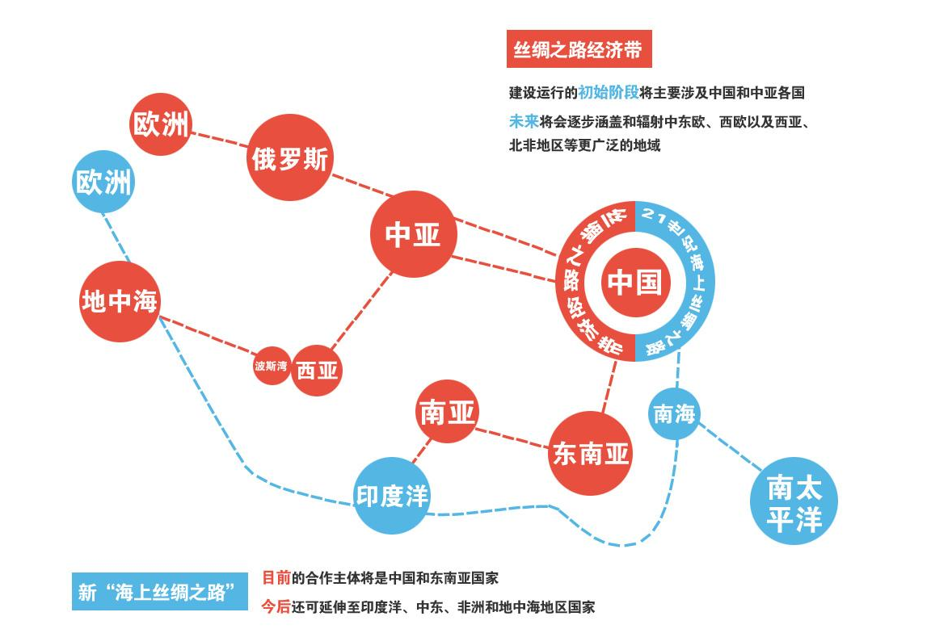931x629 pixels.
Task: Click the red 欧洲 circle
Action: pos(161,124)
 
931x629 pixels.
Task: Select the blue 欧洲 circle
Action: pos(103,182)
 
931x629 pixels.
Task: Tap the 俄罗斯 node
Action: pos(290,157)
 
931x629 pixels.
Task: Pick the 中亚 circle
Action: pos(413,234)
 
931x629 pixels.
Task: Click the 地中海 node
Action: pos(120,301)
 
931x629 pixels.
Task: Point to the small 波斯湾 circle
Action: pos(272,366)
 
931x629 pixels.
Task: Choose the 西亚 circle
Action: pos(317,371)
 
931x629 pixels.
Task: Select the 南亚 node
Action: pos(447,412)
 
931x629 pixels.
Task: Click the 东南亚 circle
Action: pos(590,453)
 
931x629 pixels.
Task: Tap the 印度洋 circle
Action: pos(392,496)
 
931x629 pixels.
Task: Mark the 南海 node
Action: pos(674,413)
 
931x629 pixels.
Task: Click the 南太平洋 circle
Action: pos(794,501)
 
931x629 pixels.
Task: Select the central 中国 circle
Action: pos(635,282)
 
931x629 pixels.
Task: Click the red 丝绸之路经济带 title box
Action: pos(579,49)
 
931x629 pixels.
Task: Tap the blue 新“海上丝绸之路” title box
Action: pos(160,592)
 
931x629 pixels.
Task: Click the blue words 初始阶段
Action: pos(609,93)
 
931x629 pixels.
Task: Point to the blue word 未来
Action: pos(524,122)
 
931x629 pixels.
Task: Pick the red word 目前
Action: pos(276,577)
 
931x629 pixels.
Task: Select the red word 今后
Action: pos(276,606)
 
